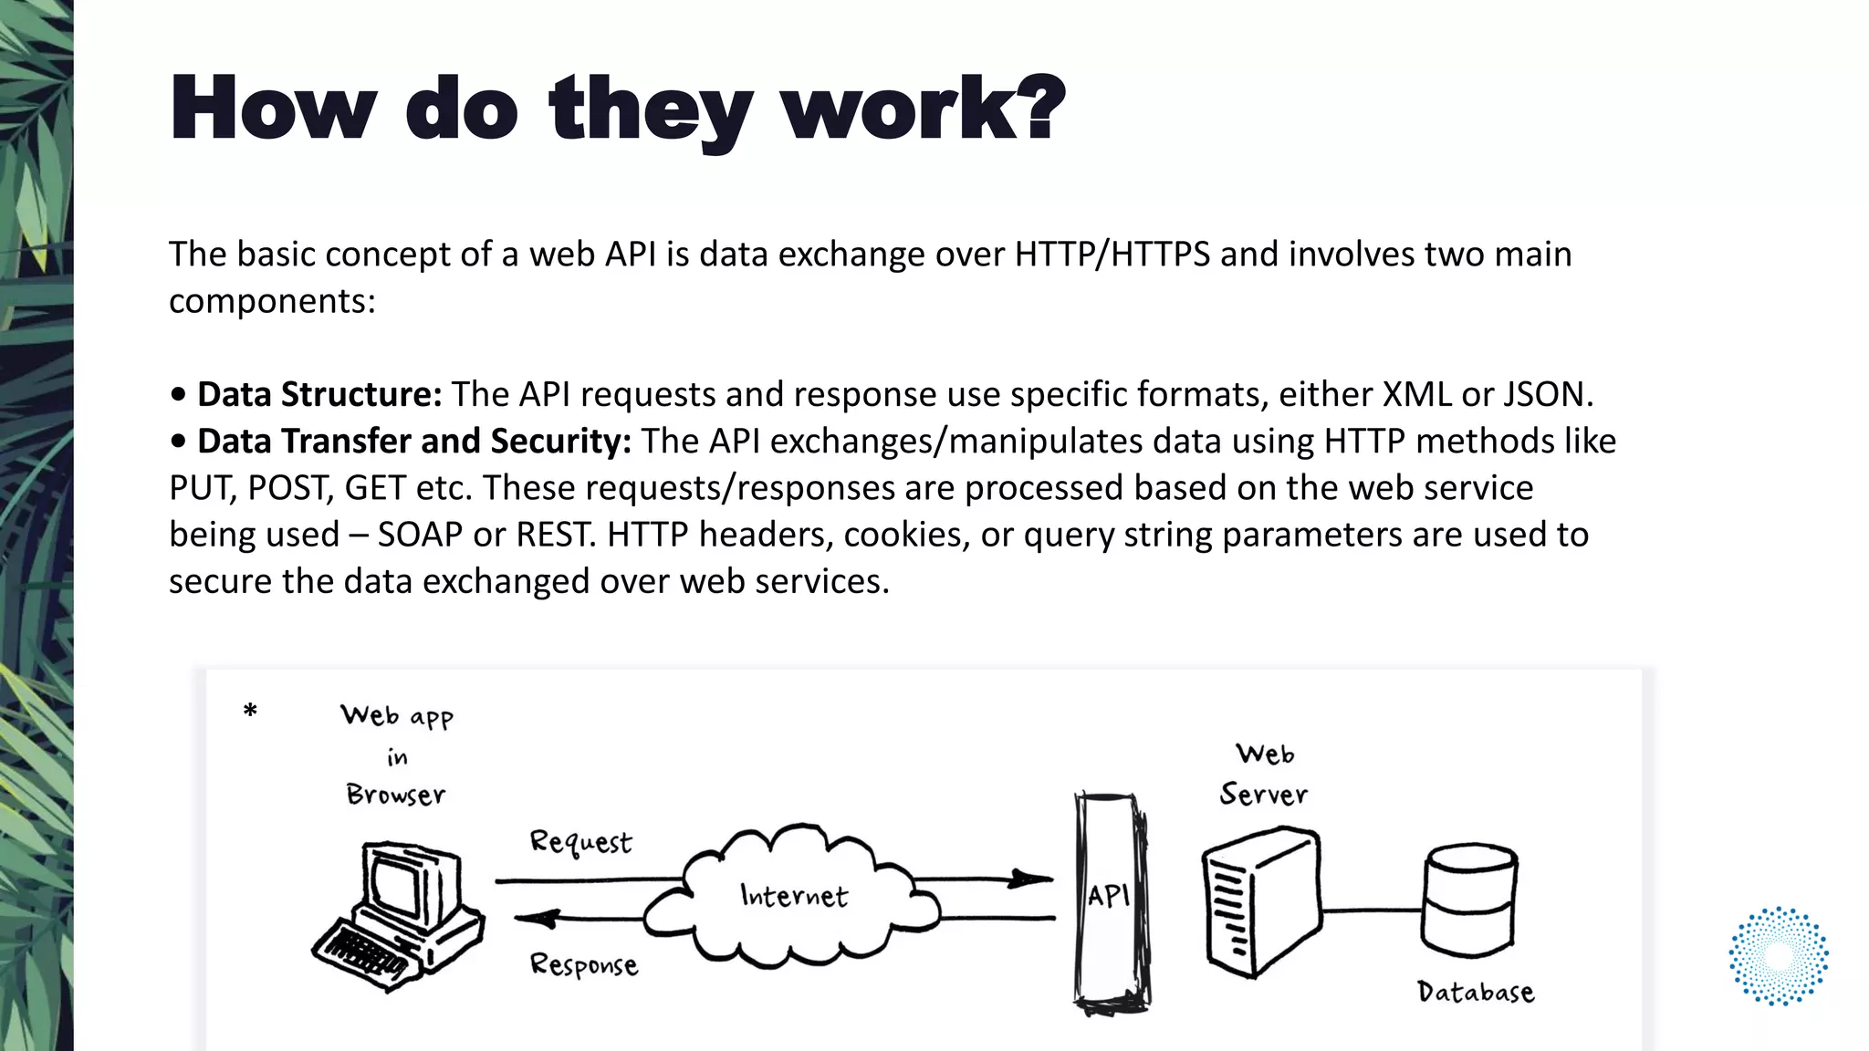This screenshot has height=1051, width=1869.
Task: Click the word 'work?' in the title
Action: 924,109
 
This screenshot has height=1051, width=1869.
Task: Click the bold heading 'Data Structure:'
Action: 319,394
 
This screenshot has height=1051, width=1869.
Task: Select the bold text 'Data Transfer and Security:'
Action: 414,441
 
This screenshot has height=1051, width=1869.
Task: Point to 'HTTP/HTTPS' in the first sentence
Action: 1112,254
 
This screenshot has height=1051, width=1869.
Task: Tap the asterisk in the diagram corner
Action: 250,712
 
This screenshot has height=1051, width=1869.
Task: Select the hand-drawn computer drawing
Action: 398,912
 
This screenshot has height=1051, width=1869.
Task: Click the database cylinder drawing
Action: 1469,899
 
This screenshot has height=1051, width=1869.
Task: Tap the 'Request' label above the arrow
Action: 580,841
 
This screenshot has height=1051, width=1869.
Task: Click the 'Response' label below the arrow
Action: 584,964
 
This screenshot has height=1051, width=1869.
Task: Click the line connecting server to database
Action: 1372,910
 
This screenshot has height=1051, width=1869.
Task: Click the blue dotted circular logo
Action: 1779,956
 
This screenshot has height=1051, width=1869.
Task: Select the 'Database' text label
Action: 1476,992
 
